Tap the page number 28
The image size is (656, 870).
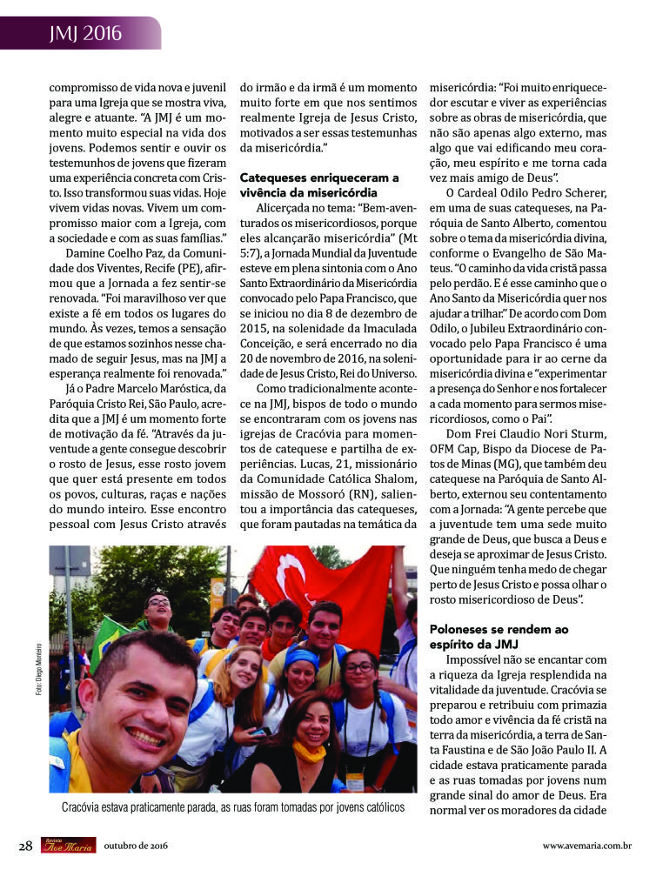pyautogui.click(x=26, y=845)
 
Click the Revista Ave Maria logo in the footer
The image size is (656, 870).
pyautogui.click(x=68, y=845)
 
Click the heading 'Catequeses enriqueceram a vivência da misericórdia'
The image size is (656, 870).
pyautogui.click(x=319, y=184)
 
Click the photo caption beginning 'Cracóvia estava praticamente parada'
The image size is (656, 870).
pyautogui.click(x=232, y=807)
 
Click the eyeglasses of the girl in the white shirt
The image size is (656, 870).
pyautogui.click(x=359, y=668)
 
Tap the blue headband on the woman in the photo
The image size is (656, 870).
pyautogui.click(x=303, y=655)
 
